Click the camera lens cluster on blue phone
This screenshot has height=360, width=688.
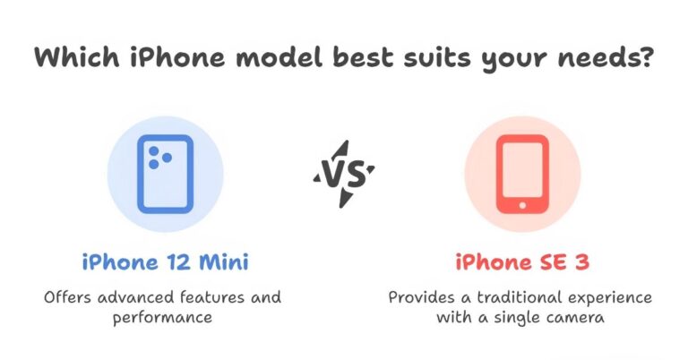[159, 157]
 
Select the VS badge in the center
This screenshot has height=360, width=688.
[343, 174]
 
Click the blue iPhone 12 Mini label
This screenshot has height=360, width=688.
[164, 262]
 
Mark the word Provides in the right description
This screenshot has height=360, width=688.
[420, 296]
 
